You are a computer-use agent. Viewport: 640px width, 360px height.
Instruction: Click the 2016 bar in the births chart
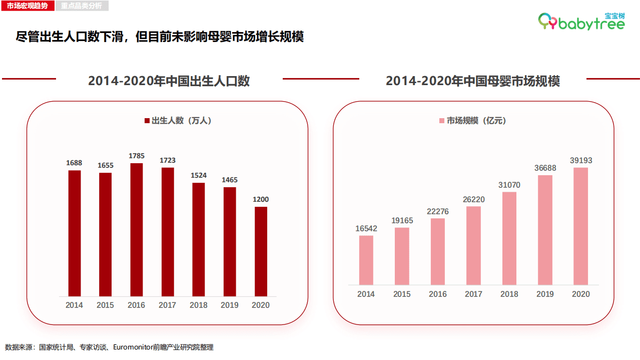point(137,229)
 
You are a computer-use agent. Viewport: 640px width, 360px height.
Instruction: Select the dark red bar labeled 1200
point(261,251)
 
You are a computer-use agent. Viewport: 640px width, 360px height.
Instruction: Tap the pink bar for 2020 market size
point(580,226)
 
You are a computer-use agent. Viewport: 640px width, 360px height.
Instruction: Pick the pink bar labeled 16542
point(366,260)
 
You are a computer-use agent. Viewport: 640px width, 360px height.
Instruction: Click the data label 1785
point(137,156)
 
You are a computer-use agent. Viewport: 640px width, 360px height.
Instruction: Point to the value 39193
point(581,160)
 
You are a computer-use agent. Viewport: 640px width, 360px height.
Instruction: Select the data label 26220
point(473,199)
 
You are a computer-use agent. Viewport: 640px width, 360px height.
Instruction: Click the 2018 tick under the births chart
point(199,305)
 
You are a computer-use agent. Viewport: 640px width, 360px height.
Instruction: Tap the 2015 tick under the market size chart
point(402,294)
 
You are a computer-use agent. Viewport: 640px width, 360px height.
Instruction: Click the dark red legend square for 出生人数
point(147,121)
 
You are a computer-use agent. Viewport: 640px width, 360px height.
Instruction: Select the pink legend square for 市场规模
point(442,121)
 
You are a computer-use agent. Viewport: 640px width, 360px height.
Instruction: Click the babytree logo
point(582,21)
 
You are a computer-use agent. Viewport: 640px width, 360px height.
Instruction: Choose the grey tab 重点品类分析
point(81,6)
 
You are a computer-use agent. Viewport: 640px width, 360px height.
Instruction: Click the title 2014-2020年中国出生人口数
point(169,81)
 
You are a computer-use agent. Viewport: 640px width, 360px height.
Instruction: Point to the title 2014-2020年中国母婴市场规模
point(472,81)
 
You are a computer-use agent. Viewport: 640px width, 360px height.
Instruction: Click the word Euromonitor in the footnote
point(133,347)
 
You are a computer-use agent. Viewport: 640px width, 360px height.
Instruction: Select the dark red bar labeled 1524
point(199,239)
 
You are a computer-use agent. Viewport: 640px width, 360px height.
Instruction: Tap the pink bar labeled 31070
point(509,238)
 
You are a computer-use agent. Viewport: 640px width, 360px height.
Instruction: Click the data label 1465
point(230,180)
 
